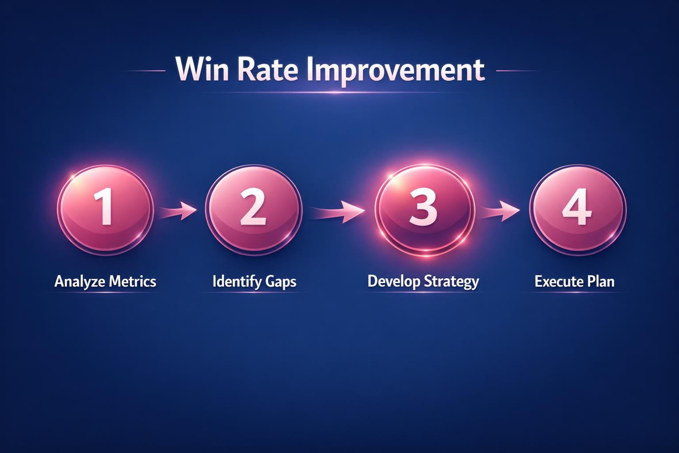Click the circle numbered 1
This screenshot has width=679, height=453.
[105, 208]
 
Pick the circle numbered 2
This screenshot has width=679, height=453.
[253, 208]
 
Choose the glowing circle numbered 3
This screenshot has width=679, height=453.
[424, 208]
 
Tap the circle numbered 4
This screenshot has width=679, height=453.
[577, 208]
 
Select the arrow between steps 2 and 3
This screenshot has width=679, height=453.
[338, 211]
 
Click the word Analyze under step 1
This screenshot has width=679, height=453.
[79, 281]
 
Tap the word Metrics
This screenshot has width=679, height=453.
[133, 281]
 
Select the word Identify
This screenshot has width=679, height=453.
[237, 281]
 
